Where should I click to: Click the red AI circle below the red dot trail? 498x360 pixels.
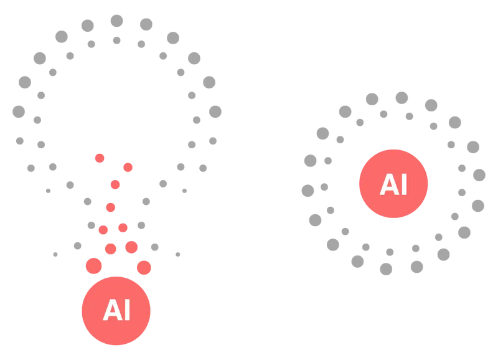click(x=116, y=310)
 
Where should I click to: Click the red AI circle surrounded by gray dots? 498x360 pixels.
click(x=393, y=184)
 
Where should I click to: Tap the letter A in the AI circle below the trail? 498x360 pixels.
click(x=110, y=310)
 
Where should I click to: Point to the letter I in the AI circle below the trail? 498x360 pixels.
click(x=126, y=310)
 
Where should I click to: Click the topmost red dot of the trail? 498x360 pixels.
click(x=100, y=158)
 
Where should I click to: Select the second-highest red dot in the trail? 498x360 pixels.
click(x=128, y=167)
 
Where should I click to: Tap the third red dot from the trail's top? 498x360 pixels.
click(x=115, y=184)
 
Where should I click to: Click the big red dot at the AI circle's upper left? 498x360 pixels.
click(x=93, y=266)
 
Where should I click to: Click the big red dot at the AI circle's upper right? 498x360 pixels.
click(x=144, y=268)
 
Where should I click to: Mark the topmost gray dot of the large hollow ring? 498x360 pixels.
click(x=116, y=21)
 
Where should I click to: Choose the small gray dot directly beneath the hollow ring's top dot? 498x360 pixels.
click(x=116, y=40)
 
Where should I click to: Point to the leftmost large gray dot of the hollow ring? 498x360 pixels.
click(x=19, y=111)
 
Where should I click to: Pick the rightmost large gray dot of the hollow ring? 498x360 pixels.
click(x=215, y=111)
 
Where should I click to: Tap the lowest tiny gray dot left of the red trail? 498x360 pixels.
click(x=55, y=254)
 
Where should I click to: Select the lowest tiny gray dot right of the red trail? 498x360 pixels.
click(x=178, y=254)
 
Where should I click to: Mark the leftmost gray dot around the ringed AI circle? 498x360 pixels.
click(x=308, y=190)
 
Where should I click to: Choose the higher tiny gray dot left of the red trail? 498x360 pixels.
click(x=48, y=191)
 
